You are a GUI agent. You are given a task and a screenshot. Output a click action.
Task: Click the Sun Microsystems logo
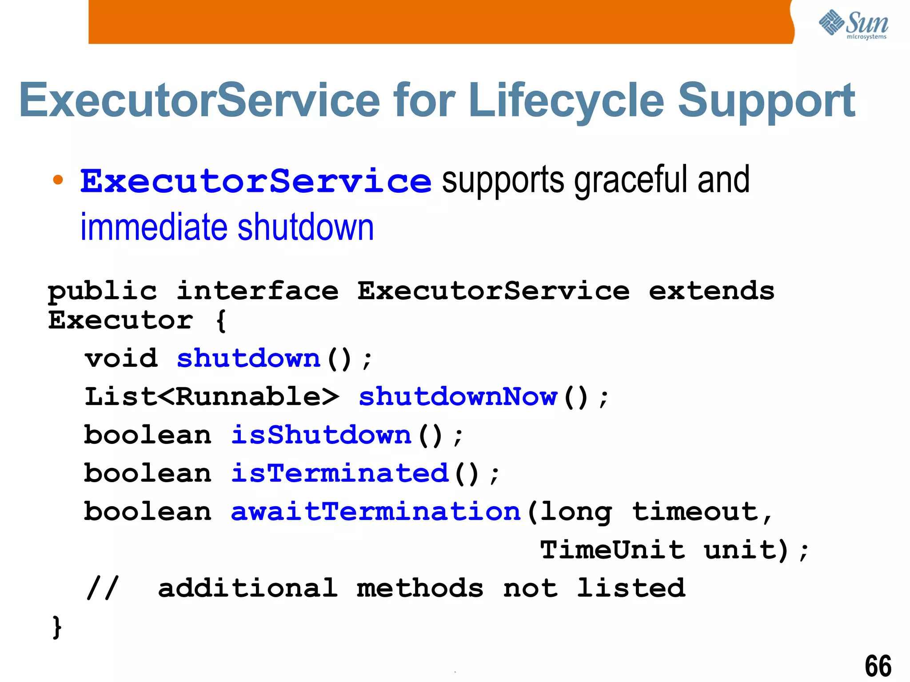pos(853,24)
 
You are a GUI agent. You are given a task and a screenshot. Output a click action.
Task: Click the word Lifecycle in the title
pos(566,101)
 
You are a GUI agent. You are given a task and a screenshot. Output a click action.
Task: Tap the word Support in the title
pos(766,101)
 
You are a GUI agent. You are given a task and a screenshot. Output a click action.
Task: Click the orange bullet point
pos(58,180)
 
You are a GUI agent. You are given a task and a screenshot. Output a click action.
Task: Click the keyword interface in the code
pos(257,291)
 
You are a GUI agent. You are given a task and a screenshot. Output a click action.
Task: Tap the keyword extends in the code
pos(711,291)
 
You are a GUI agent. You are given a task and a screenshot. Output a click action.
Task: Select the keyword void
pos(121,358)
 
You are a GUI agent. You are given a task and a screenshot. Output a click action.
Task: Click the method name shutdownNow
pos(458,397)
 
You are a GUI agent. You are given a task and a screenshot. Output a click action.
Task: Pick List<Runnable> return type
pos(212,397)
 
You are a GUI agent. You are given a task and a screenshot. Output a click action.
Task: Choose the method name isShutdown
pos(321,435)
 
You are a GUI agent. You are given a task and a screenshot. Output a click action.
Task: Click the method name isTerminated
pos(340,473)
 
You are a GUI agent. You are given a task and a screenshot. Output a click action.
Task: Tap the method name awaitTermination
pos(375,511)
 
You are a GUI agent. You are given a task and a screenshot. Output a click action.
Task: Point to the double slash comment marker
pos(103,588)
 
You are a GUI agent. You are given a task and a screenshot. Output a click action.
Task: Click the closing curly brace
pos(57,627)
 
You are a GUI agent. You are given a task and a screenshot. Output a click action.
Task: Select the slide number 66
pos(878,666)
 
